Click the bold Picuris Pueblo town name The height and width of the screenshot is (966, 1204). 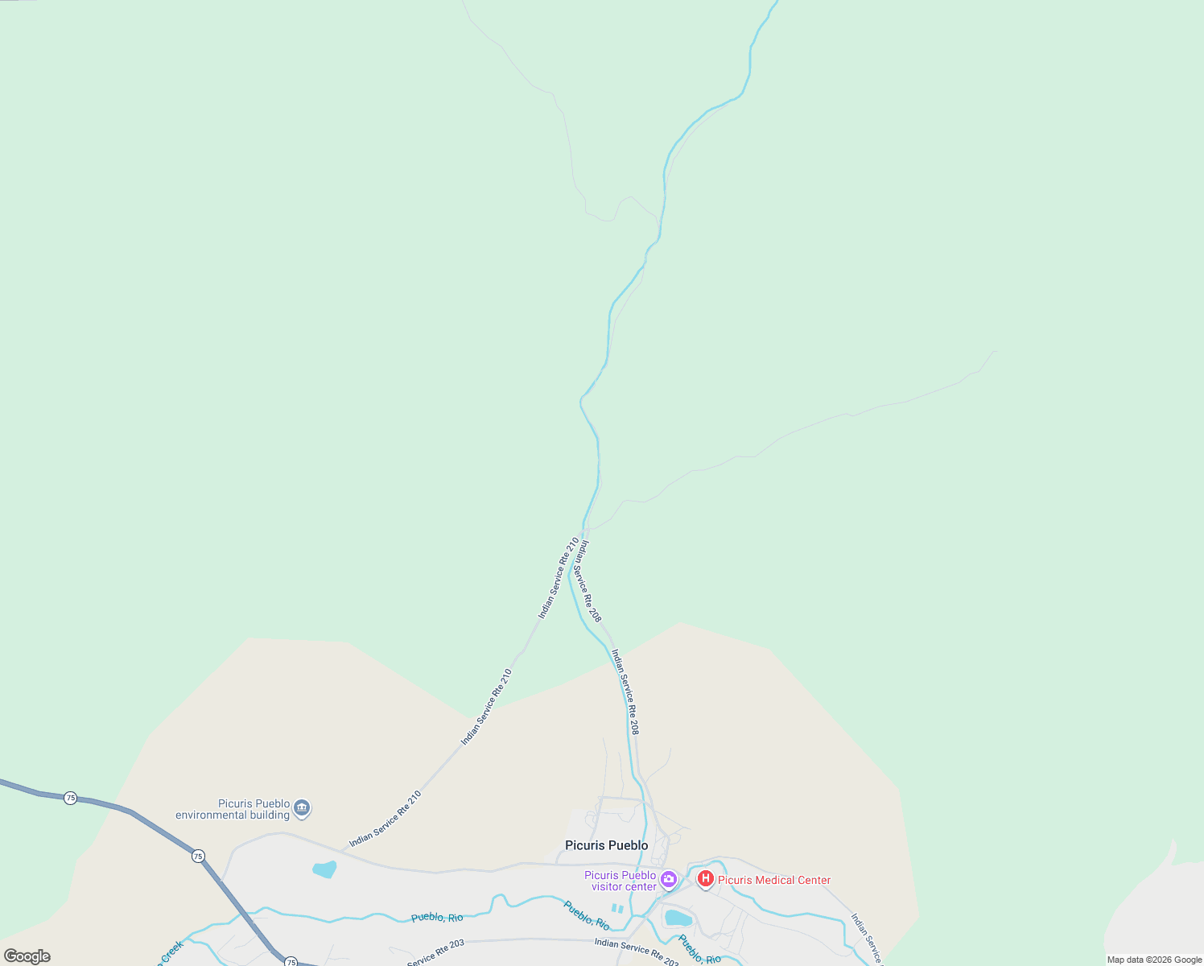coord(606,845)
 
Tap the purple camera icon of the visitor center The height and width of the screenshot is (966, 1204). coord(668,880)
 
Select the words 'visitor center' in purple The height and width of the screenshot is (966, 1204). coord(624,887)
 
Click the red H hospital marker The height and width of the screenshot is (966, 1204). coord(706,879)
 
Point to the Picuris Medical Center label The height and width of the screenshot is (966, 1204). coord(773,880)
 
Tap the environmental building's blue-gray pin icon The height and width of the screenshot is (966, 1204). coord(302,807)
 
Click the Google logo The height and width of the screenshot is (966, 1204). coord(27,956)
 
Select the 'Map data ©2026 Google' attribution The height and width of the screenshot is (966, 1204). coord(1154,960)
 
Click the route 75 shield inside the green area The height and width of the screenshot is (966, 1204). coord(71,798)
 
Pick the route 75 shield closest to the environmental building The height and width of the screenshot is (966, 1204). coord(198,857)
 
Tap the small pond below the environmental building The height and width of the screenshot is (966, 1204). coord(324,869)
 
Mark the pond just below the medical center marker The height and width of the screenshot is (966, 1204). coord(678,919)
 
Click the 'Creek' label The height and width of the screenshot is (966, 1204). coord(172,952)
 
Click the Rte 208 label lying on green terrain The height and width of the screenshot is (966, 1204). coord(586,581)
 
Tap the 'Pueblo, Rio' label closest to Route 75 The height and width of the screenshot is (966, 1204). coord(437,918)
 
